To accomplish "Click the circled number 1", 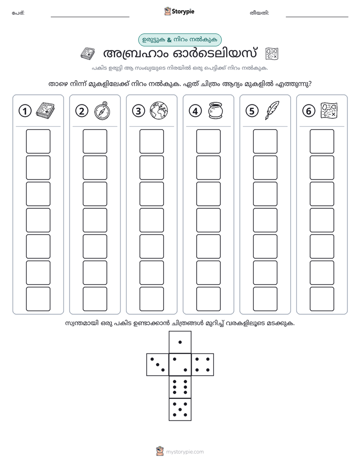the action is (25, 111).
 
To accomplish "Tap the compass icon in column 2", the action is (102, 110).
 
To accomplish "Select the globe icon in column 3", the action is (159, 110).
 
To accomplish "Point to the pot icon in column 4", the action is (215, 110).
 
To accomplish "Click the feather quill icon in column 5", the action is (272, 110).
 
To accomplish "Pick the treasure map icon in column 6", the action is (329, 110).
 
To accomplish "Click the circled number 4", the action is (195, 111).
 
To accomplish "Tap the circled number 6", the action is (309, 111).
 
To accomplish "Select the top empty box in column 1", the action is (38, 141).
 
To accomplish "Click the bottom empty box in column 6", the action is (322, 299).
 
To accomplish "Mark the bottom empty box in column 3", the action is (151, 299).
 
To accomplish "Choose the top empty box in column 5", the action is (265, 141).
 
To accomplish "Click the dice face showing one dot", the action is (180, 342).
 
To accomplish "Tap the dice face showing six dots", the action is (180, 387).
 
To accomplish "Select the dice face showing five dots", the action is (180, 410).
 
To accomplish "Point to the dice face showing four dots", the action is (203, 364).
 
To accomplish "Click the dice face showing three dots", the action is (157, 364).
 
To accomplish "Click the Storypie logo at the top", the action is (179, 11).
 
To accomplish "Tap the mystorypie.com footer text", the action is (185, 452).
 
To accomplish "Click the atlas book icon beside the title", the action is (88, 53).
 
